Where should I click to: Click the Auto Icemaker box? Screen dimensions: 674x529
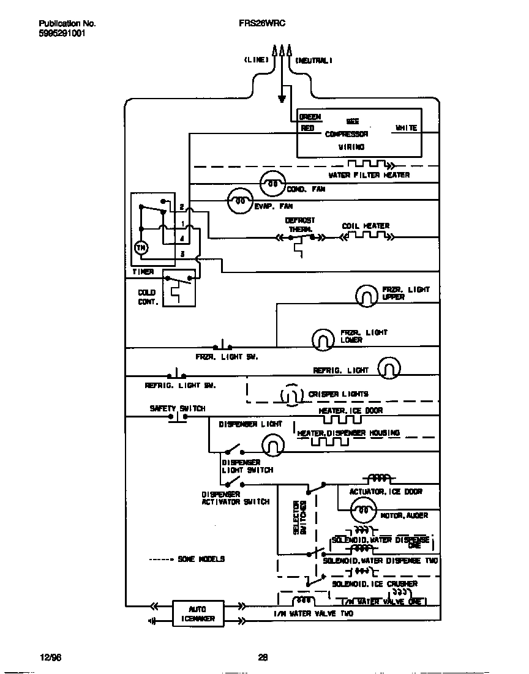[198, 613]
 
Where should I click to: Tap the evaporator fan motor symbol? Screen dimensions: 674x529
[241, 200]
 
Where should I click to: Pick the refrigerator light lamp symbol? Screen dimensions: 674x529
[389, 368]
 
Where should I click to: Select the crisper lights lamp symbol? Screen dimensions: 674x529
[291, 395]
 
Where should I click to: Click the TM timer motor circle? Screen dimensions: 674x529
[141, 247]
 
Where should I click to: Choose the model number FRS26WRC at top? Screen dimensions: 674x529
[263, 23]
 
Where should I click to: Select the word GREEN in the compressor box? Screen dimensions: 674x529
[310, 117]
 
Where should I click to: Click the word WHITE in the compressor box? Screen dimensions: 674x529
[406, 128]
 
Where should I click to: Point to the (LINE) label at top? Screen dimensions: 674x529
[256, 60]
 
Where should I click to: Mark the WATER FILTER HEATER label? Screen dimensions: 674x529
[369, 175]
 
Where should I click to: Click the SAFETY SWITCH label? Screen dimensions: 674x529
[178, 408]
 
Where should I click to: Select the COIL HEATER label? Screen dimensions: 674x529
[366, 226]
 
